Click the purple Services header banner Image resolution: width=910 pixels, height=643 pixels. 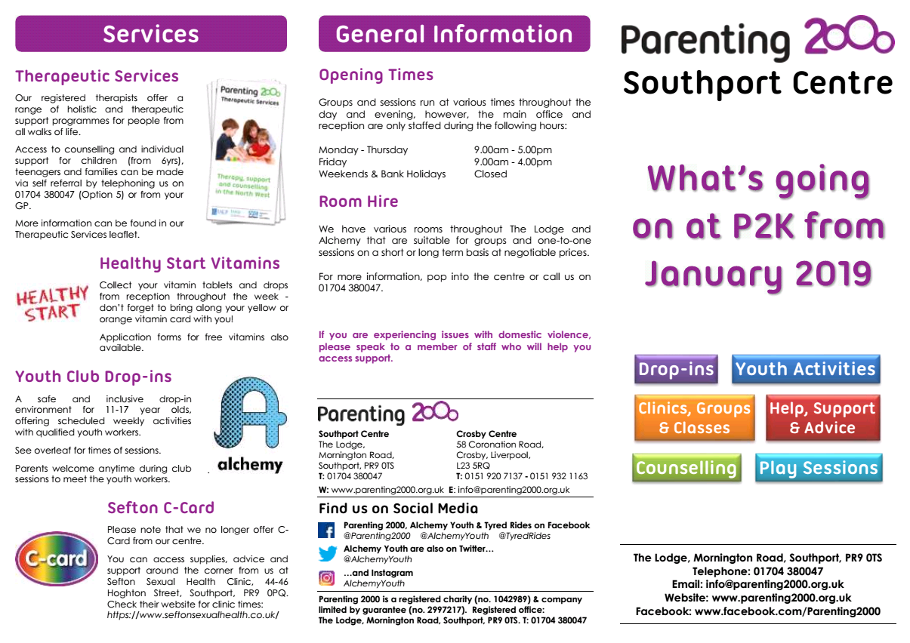(151, 34)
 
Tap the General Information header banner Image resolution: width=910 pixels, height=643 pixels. (454, 34)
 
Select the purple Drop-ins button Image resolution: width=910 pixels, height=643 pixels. (676, 369)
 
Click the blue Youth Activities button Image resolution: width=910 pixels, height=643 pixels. (806, 369)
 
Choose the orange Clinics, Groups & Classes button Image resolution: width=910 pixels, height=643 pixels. (695, 417)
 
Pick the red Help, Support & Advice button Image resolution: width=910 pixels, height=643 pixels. (822, 417)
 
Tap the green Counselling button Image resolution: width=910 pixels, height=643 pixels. (686, 468)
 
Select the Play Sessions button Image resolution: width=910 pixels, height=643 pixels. (819, 468)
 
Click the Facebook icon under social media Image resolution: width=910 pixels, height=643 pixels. (327, 531)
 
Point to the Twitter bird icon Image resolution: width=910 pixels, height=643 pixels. (327, 554)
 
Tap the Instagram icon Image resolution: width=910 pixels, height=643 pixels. (327, 578)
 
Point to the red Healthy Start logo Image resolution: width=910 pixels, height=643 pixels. (52, 303)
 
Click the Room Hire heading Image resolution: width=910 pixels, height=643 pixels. (358, 202)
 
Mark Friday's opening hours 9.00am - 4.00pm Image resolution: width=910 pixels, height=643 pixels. (513, 162)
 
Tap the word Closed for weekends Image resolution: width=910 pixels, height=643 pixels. (490, 174)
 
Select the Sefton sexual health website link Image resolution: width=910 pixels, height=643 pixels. (193, 615)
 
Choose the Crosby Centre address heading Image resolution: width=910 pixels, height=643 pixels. (486, 434)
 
